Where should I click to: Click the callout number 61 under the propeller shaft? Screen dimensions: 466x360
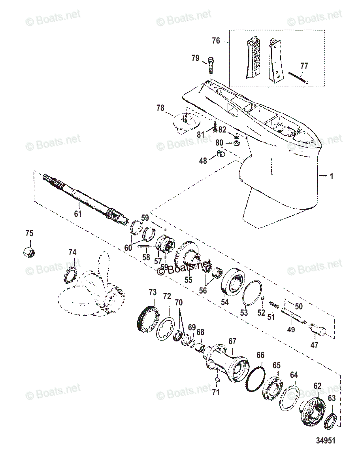pos(77,214)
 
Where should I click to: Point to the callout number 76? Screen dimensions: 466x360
pos(216,41)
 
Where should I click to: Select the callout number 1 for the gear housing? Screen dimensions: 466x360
pos(331,176)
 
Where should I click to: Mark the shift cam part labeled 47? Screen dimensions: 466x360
pos(318,329)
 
